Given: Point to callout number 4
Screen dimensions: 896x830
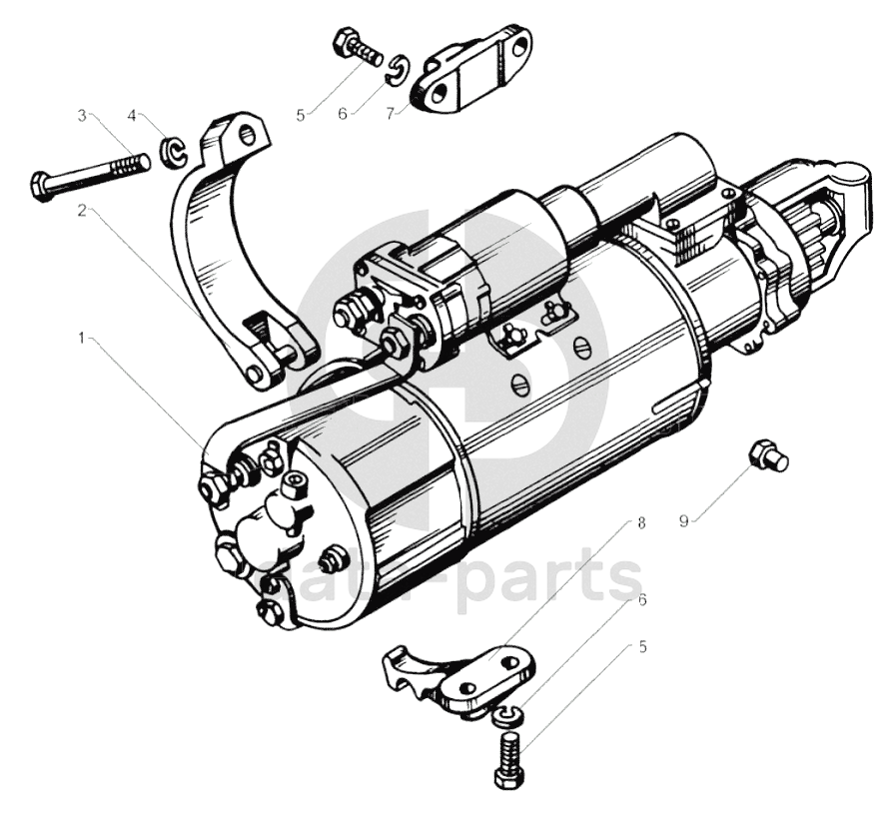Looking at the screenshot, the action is [133, 115].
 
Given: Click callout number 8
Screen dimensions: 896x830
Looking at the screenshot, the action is [640, 522].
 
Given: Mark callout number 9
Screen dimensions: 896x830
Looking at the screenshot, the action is [684, 520].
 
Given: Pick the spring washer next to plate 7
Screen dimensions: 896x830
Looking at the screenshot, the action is [397, 65].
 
